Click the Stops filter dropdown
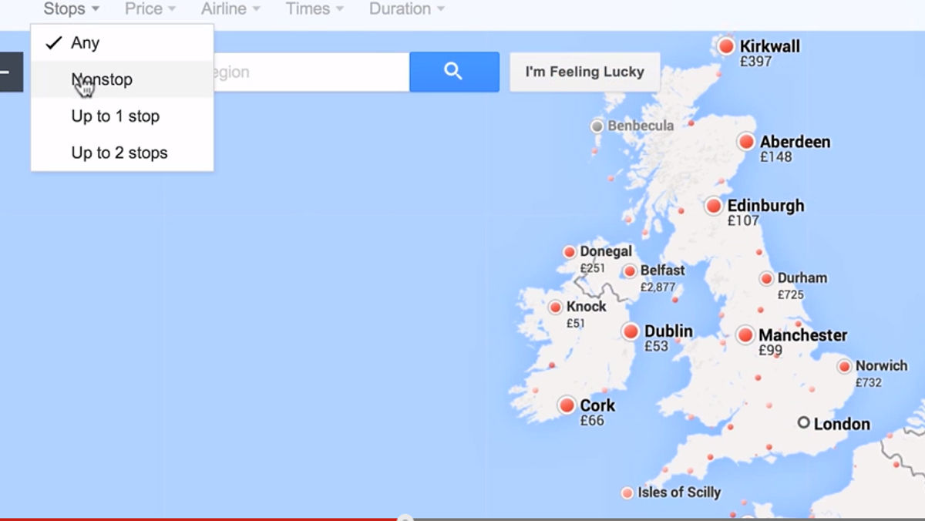point(71,9)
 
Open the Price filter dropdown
point(150,9)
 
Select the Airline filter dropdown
point(230,9)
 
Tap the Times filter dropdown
point(313,9)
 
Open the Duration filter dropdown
point(406,9)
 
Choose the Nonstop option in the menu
point(102,79)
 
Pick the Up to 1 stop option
point(115,116)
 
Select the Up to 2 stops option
point(119,153)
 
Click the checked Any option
point(85,43)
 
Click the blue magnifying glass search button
point(454,72)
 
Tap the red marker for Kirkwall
point(726,46)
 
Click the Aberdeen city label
point(795,142)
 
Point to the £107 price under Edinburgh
point(743,220)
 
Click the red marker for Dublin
point(631,331)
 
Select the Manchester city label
point(802,335)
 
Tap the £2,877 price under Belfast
point(658,287)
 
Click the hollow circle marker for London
point(804,423)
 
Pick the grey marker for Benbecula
point(597,126)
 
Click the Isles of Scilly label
point(679,492)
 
